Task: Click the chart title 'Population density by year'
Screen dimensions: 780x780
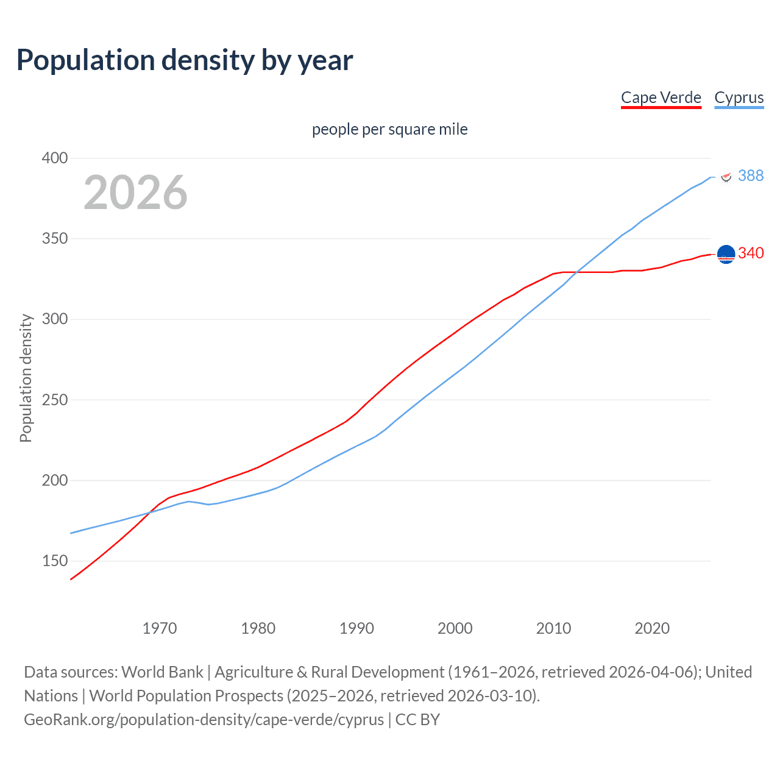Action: (185, 60)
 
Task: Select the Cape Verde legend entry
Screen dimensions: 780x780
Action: (661, 97)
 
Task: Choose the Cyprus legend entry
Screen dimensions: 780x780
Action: (739, 97)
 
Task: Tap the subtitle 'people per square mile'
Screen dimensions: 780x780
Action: (389, 129)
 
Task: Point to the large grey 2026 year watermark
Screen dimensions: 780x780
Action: (135, 193)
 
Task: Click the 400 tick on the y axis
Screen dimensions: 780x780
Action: (55, 158)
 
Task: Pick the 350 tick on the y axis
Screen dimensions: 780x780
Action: (55, 238)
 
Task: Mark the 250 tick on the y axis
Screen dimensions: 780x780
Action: (55, 400)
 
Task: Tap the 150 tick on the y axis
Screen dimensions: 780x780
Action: (55, 561)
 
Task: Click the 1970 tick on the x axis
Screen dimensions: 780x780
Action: (160, 628)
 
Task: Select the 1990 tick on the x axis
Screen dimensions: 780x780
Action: (356, 628)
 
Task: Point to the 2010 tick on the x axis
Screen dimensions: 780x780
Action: (553, 628)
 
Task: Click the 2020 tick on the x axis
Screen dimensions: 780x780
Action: (652, 628)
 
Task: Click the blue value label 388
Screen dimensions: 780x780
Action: (751, 175)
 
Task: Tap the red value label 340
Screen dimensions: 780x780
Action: (751, 253)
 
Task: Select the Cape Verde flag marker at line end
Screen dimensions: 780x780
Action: (726, 254)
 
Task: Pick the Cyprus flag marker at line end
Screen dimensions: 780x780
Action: (726, 177)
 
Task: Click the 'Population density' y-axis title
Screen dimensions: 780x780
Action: (26, 378)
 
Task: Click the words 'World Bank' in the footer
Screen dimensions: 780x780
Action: (162, 672)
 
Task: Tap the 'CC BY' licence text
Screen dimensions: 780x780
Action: (417, 719)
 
